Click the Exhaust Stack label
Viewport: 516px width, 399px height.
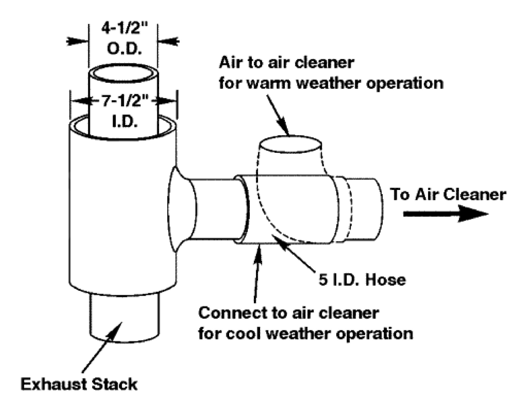pyautogui.click(x=79, y=384)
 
